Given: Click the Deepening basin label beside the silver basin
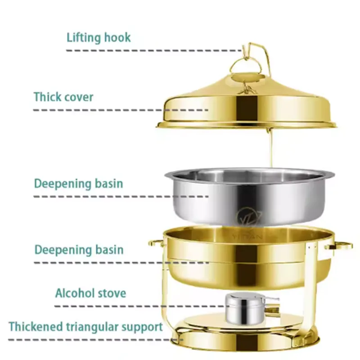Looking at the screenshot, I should pyautogui.click(x=79, y=184).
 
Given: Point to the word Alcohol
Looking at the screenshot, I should pyautogui.click(x=75, y=293).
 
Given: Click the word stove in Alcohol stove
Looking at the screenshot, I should pyautogui.click(x=112, y=293).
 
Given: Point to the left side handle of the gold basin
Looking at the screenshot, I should pyautogui.click(x=156, y=243).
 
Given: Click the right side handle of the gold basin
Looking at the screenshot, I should pyautogui.click(x=343, y=246).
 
